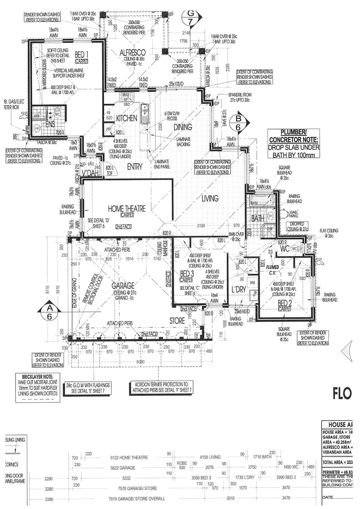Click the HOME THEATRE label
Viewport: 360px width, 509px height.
126,208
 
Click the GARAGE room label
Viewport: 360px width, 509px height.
123,285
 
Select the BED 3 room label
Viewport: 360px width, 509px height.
187,274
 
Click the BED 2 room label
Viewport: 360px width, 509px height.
285,303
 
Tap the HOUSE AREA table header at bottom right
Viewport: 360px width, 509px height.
340,424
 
